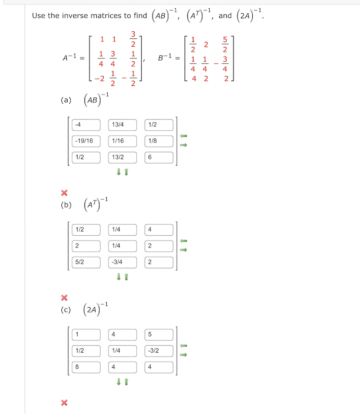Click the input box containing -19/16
click(86, 141)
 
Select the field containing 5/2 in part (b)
click(86, 262)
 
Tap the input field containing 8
click(86, 366)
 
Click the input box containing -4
click(86, 125)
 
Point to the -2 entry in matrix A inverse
click(100, 78)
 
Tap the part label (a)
click(66, 100)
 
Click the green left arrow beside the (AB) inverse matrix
click(183, 136)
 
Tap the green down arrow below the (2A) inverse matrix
click(119, 382)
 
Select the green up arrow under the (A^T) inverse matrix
click(126, 277)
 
